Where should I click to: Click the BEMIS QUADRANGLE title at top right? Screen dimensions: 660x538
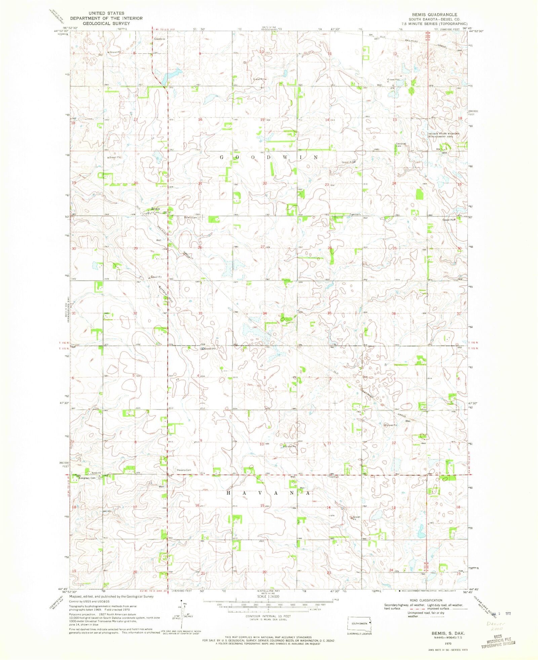pyautogui.click(x=433, y=14)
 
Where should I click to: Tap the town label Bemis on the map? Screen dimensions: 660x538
pyautogui.click(x=155, y=209)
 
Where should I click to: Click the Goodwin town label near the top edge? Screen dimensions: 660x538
pyautogui.click(x=160, y=39)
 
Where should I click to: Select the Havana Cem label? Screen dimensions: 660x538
pyautogui.click(x=184, y=470)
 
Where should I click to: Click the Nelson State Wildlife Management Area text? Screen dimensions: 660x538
pyautogui.click(x=443, y=135)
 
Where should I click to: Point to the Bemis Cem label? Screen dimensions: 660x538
pyautogui.click(x=190, y=217)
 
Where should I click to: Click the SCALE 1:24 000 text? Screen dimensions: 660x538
pyautogui.click(x=268, y=596)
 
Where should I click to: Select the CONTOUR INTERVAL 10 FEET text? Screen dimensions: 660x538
pyautogui.click(x=268, y=616)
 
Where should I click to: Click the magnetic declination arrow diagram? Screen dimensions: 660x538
pyautogui.click(x=181, y=617)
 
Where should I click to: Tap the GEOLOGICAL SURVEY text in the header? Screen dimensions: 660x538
pyautogui.click(x=106, y=24)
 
